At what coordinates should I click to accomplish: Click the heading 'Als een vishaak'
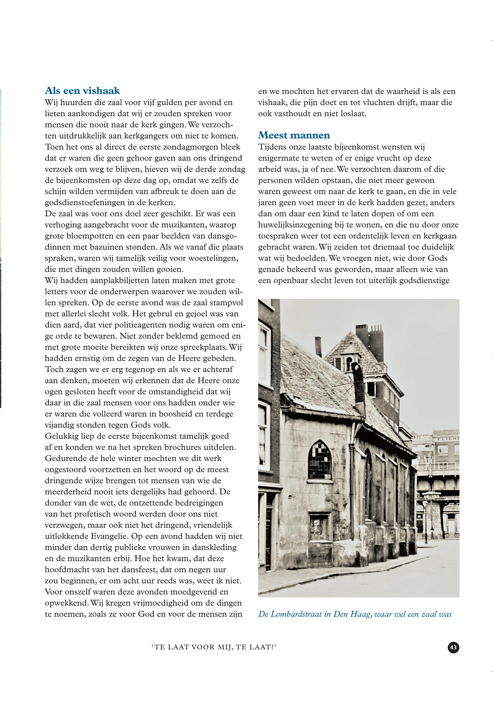coord(82,91)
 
